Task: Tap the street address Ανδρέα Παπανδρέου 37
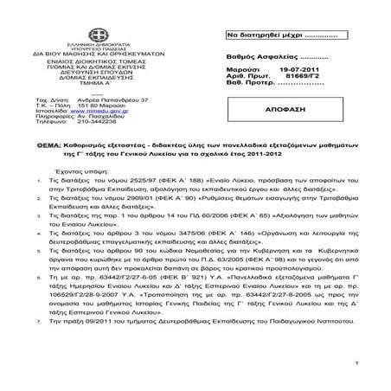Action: tap(112, 99)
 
